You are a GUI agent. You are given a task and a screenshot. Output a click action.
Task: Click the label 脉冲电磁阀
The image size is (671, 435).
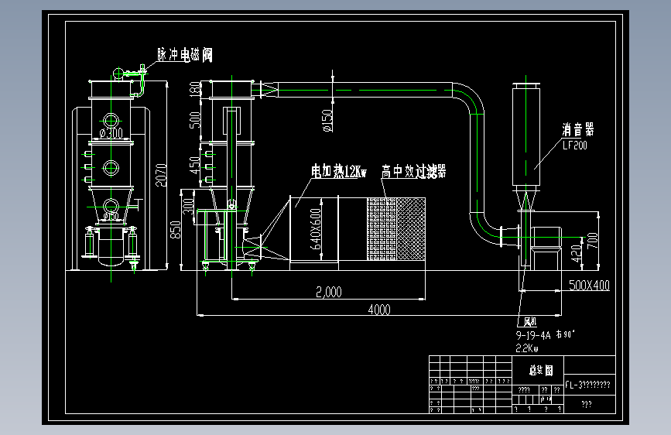point(184,55)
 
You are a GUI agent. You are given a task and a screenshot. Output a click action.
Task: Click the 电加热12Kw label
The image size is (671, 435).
point(338,170)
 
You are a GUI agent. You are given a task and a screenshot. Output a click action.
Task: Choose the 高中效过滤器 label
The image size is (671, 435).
point(413,171)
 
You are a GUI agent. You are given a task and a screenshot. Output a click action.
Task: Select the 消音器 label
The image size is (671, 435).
point(577,130)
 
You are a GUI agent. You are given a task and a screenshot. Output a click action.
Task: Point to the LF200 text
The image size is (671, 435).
point(574,145)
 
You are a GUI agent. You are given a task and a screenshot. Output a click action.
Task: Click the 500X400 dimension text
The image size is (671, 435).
point(589,286)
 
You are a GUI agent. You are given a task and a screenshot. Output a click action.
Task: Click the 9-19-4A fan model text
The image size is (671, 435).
point(532,336)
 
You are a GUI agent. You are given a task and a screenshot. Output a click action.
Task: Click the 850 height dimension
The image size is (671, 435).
point(176,230)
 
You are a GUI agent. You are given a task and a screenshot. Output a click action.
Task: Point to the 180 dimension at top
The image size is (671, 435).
point(194,89)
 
